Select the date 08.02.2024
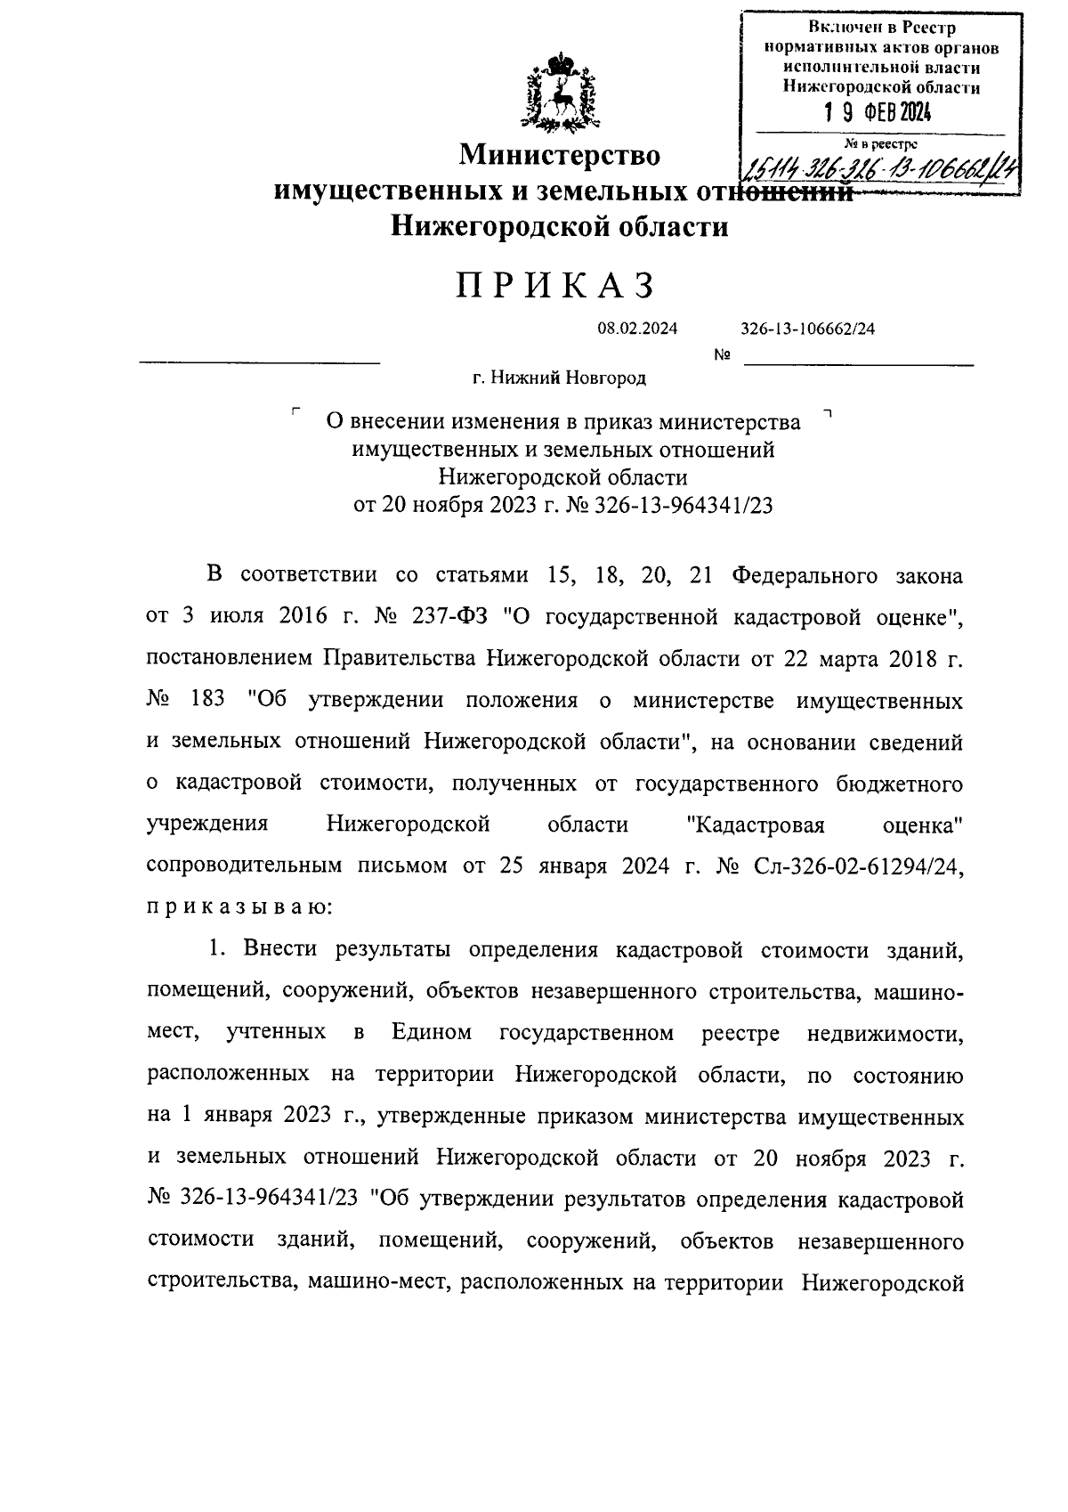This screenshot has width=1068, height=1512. (x=637, y=329)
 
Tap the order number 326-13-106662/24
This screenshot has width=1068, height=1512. (x=807, y=329)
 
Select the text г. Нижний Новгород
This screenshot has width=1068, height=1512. (x=559, y=378)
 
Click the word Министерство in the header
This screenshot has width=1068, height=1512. (x=560, y=156)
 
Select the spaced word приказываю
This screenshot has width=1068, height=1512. (x=239, y=908)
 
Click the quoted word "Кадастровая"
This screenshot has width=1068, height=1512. (x=756, y=825)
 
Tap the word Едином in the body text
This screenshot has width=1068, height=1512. (x=431, y=1033)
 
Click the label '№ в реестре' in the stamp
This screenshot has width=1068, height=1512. (x=880, y=143)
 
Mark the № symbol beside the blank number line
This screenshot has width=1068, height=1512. (x=723, y=356)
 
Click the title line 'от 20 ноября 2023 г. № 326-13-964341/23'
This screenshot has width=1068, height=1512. (x=562, y=506)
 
